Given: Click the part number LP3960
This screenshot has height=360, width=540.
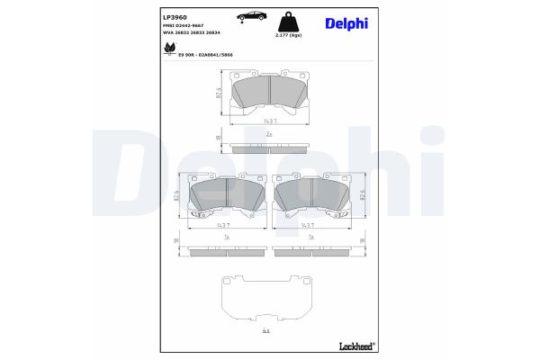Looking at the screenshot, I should (174, 15).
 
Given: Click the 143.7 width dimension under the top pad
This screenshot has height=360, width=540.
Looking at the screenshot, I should (269, 121).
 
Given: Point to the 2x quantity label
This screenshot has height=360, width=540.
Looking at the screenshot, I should (269, 132).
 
